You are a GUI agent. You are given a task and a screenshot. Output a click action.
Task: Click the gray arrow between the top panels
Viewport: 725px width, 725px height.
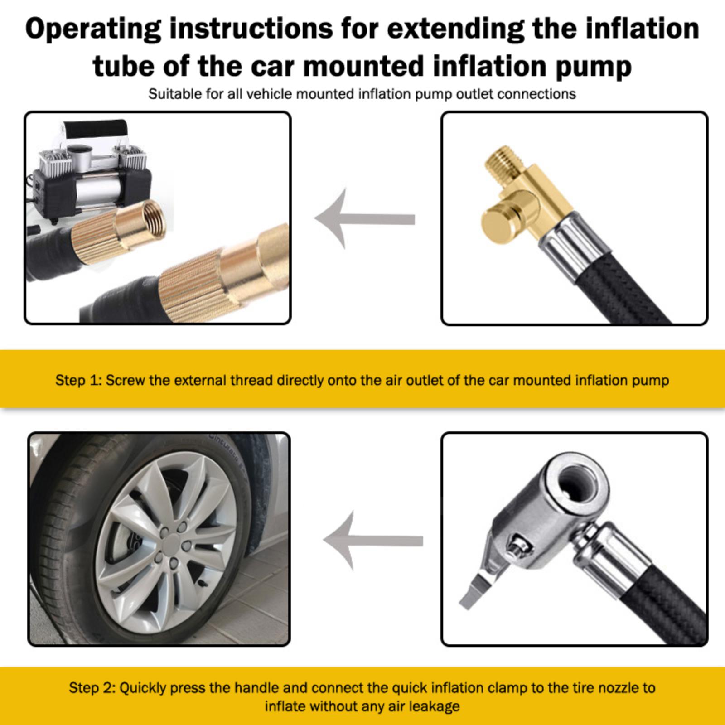pos(365,219)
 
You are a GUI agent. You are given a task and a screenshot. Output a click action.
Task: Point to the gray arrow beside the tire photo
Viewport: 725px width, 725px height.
pos(372,540)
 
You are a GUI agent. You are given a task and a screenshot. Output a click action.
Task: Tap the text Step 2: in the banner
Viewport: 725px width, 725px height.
pos(92,688)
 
